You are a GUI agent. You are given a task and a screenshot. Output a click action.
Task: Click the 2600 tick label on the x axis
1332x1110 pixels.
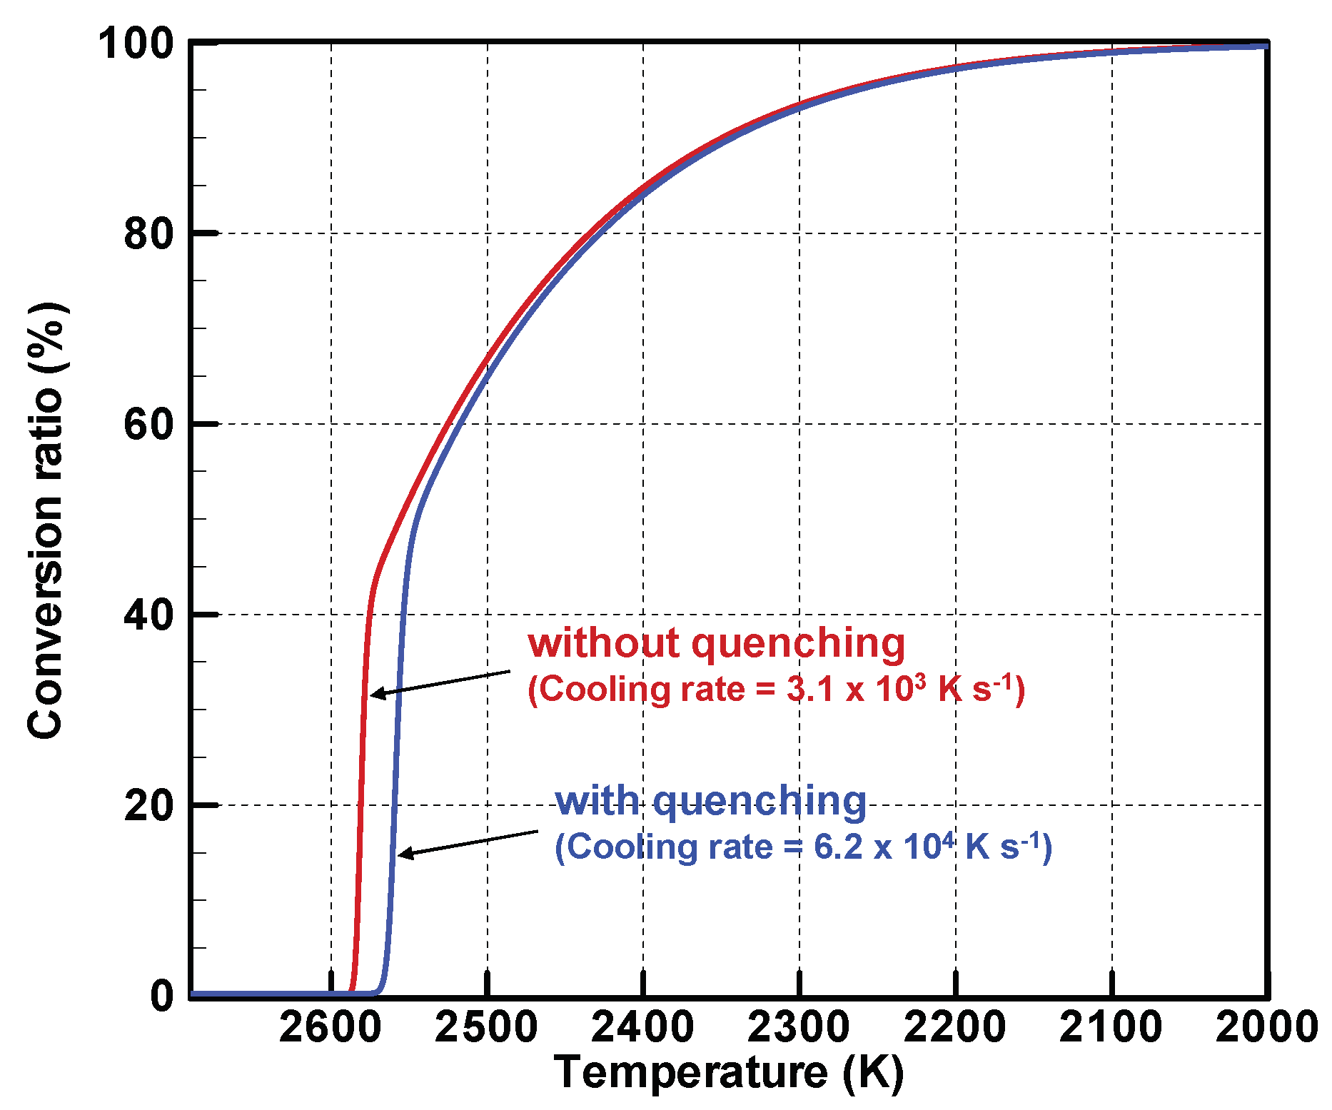tap(330, 1029)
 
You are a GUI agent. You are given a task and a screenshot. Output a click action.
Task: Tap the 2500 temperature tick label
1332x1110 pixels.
tap(486, 1029)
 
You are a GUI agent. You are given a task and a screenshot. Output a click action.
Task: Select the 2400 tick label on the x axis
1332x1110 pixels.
tap(642, 1029)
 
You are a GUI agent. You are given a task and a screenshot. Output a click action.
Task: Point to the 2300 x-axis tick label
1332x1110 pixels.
tap(799, 1029)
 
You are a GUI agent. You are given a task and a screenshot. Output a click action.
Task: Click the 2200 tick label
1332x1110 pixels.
tap(955, 1029)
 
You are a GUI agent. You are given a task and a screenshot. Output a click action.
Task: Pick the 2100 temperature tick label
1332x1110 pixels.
tap(1111, 1029)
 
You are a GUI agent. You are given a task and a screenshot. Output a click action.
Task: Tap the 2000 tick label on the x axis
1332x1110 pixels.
tap(1266, 1029)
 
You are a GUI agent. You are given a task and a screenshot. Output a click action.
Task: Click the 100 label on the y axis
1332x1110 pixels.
tap(136, 44)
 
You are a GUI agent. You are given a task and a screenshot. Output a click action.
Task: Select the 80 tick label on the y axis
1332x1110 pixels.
tap(148, 234)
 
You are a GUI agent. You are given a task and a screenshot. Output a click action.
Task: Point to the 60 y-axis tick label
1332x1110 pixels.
tap(148, 425)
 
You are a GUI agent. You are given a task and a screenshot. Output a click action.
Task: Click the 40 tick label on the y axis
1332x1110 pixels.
tap(148, 615)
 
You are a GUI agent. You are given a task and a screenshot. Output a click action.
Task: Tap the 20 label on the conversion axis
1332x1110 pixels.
tap(148, 806)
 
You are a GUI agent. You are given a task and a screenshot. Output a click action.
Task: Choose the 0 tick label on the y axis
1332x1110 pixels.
tap(162, 996)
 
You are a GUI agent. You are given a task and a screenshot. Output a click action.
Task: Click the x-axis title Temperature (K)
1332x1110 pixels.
tap(728, 1073)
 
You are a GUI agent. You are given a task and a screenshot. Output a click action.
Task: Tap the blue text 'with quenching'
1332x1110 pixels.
tap(710, 800)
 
